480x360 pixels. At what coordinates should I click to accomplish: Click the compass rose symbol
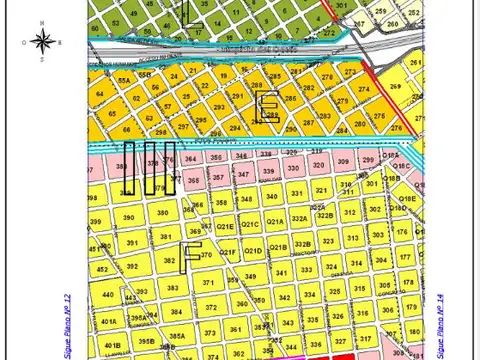point(42,42)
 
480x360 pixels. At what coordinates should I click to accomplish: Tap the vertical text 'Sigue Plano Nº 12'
point(68,325)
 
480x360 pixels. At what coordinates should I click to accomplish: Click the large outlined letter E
point(268,107)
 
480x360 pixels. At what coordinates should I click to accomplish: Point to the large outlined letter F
point(191,258)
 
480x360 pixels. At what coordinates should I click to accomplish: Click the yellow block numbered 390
point(128,217)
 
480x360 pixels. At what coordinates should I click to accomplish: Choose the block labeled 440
point(108,296)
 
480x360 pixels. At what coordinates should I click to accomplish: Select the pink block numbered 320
point(319,165)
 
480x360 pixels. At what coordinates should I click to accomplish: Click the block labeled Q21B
point(277,246)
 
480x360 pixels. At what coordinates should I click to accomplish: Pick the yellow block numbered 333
point(306,269)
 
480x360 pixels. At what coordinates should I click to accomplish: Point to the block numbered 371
point(209,283)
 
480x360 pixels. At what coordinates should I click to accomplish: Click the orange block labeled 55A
point(124,79)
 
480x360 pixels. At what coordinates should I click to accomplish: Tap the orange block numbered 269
point(394,88)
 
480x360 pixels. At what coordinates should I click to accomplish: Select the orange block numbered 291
point(237,97)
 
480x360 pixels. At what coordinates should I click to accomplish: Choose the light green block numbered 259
point(381,11)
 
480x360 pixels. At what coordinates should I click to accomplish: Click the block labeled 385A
point(176,337)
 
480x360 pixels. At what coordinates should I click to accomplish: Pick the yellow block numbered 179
point(405,283)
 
